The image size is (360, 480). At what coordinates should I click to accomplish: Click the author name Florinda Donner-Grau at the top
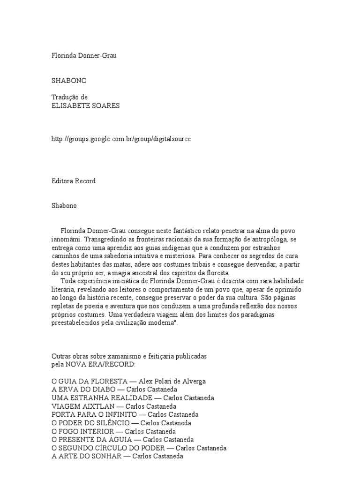pyautogui.click(x=83, y=55)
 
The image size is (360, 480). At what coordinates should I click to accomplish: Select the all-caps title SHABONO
pyautogui.click(x=69, y=81)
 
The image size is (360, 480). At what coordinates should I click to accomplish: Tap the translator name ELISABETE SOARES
pyautogui.click(x=85, y=105)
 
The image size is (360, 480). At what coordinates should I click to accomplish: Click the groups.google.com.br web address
pyautogui.click(x=121, y=140)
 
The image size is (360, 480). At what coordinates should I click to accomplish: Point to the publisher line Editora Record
pyautogui.click(x=74, y=181)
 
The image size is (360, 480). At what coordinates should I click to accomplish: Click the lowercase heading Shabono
pyautogui.click(x=64, y=205)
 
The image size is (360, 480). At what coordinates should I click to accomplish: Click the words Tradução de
pyautogui.click(x=69, y=97)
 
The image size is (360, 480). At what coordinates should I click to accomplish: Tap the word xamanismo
pyautogui.click(x=127, y=356)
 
